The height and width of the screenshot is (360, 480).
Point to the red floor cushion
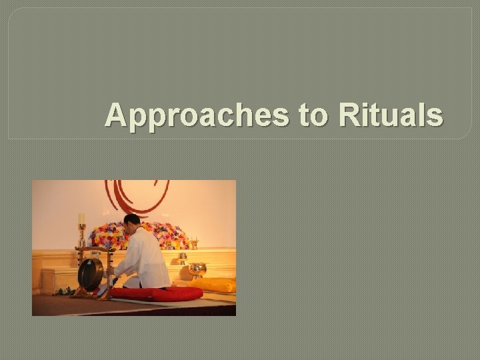tap(157, 294)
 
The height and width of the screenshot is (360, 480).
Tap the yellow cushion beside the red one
tap(213, 285)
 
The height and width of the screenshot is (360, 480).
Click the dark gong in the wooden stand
tap(90, 273)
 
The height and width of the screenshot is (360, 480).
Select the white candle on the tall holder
tap(82, 219)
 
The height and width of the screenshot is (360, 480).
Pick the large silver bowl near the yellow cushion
tap(198, 269)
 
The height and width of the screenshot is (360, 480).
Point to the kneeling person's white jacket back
tap(150, 257)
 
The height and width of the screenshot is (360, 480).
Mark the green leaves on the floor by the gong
tap(64, 291)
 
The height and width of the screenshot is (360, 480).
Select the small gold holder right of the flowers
tap(194, 243)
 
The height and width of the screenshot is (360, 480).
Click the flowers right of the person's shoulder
tap(173, 235)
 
